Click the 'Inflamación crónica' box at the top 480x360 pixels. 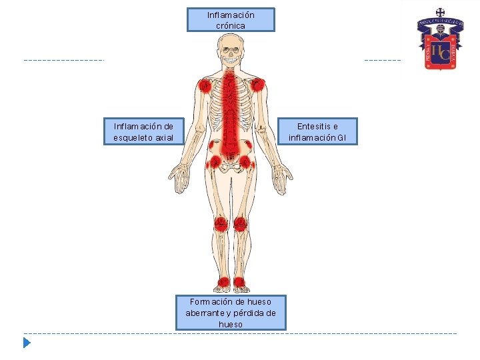pos(231,20)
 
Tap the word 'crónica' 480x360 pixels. pos(231,25)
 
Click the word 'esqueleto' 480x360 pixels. pos(133,138)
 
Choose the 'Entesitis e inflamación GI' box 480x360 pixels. pos(317,131)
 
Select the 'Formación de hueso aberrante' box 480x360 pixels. pos(231,313)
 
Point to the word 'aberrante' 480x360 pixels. pos(209,313)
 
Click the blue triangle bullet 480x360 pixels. pos(26,343)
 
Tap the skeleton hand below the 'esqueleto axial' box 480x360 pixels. pos(179,179)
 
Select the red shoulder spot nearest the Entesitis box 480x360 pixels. pos(258,85)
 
